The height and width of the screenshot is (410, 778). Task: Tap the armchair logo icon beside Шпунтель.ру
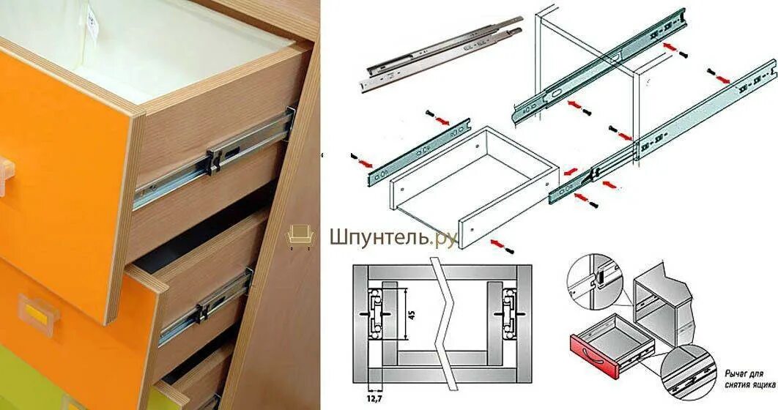(x=300, y=235)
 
